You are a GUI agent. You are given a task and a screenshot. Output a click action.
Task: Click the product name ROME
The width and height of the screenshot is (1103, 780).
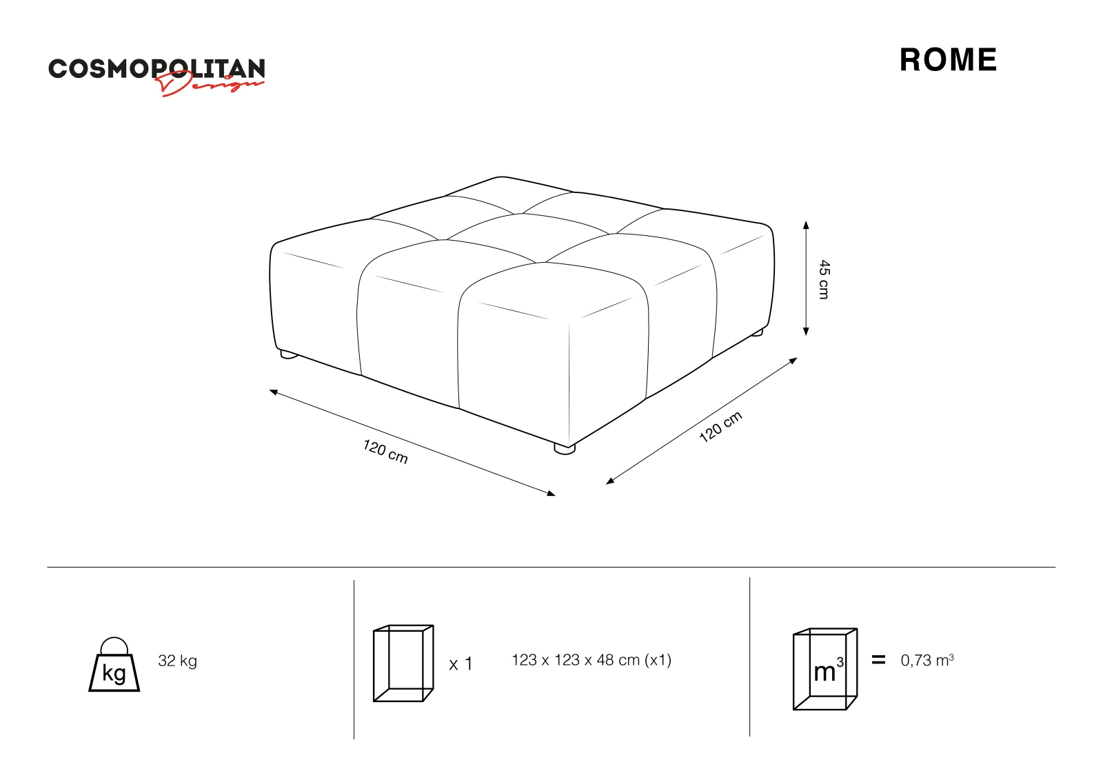[948, 60]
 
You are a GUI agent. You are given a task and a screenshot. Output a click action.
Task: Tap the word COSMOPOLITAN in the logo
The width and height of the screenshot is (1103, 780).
[156, 68]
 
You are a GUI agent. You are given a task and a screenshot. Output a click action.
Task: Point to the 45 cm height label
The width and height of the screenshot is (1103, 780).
[824, 279]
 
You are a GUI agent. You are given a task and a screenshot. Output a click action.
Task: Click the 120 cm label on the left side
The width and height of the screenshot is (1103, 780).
[385, 452]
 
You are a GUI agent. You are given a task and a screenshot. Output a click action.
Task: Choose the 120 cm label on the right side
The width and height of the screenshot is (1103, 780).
[720, 426]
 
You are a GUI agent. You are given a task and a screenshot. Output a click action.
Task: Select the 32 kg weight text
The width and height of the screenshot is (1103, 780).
[177, 661]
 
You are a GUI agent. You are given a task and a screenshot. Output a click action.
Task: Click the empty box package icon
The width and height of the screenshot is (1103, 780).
[403, 663]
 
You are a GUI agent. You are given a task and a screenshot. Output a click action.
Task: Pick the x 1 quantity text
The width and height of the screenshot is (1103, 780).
[461, 664]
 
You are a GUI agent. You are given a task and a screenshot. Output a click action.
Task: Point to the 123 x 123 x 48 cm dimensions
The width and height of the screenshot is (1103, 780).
[591, 660]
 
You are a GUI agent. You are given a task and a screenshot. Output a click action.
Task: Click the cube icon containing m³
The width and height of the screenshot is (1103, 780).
[825, 669]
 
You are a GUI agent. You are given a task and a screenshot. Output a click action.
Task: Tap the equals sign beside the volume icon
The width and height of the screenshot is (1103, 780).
[878, 660]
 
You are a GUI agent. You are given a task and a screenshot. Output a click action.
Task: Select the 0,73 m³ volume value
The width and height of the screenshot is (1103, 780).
[927, 660]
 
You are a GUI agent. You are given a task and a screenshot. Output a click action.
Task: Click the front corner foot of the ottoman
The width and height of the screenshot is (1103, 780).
[565, 449]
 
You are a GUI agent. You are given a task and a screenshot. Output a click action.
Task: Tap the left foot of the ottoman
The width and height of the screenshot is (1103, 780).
[288, 355]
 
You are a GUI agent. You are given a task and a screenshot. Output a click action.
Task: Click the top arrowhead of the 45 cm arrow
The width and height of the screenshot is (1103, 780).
[806, 225]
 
